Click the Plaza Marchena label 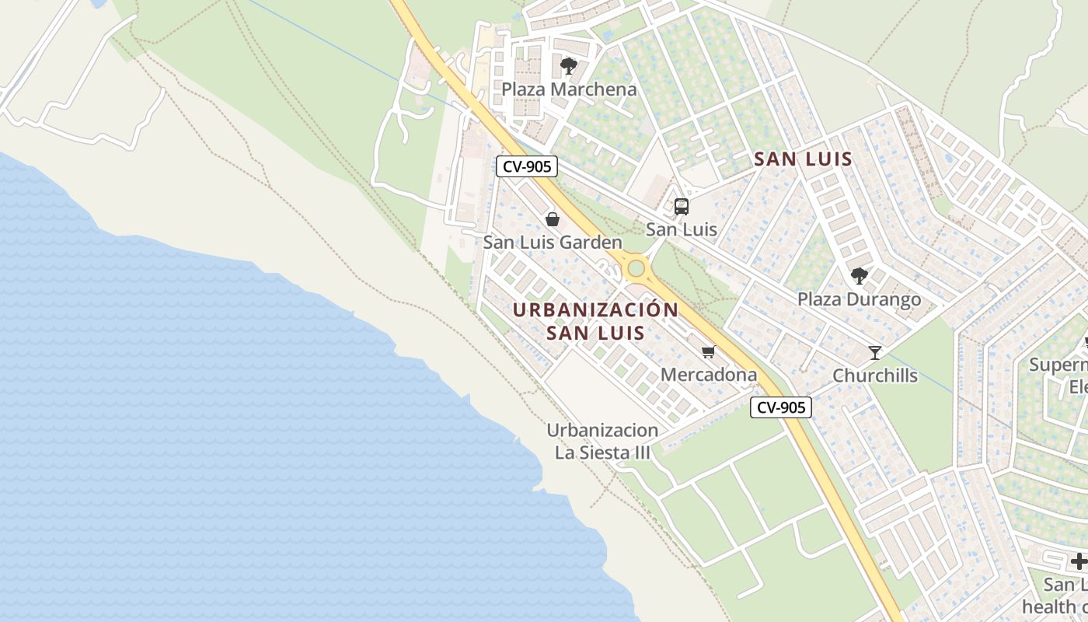pos(569,89)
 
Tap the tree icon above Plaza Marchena pos(569,65)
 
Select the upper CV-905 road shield pos(527,166)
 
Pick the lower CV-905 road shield pos(781,407)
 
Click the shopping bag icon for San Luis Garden pos(553,219)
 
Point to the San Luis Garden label pos(553,243)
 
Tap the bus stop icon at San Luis pos(682,206)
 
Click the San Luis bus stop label pos(682,229)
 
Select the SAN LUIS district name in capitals pos(804,159)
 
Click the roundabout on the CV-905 pos(636,269)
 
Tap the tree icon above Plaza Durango pos(859,275)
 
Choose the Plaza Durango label pos(859,299)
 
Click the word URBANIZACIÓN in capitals pos(595,309)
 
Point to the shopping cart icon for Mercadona pos(708,352)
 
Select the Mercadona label pos(708,375)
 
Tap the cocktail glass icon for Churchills pos(875,352)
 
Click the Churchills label pos(875,376)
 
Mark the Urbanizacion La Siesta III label pos(602,441)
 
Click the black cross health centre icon pos(1079,561)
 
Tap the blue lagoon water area pos(233,428)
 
